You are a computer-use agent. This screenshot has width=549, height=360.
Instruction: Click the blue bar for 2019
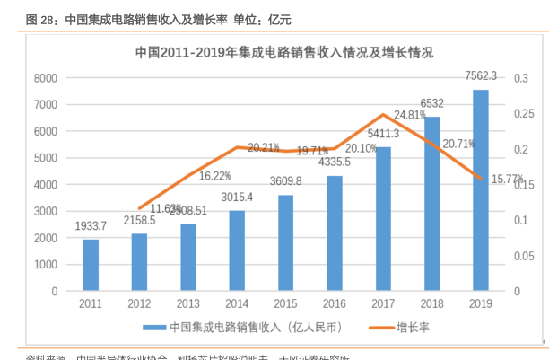481,190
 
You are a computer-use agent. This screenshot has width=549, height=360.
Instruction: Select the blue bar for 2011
91,265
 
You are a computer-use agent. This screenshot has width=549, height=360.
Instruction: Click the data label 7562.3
480,75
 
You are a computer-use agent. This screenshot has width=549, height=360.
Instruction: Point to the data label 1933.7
90,226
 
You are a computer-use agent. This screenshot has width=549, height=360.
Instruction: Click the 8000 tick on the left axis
45,78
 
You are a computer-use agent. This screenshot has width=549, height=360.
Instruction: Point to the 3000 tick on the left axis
45,212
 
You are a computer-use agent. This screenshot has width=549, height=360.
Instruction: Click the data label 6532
431,103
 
